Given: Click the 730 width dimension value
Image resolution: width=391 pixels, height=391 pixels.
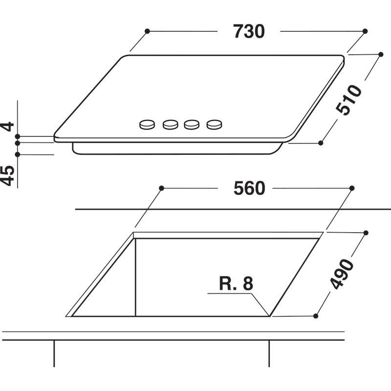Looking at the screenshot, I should [249, 31].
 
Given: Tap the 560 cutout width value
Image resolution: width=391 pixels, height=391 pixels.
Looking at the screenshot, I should [248, 188].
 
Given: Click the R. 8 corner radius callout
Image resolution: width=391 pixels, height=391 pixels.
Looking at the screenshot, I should [236, 284].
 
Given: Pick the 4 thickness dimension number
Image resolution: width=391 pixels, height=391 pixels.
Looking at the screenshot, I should [7, 127].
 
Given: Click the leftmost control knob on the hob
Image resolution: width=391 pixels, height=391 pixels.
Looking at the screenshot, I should [147, 125].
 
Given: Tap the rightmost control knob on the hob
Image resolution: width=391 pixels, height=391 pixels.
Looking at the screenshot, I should [214, 125].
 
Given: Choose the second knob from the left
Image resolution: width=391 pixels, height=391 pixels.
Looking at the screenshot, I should [170, 125].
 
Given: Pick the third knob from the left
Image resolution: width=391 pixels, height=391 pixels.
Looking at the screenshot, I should [192, 125].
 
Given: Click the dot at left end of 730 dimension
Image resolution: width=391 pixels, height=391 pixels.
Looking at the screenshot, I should [147, 31].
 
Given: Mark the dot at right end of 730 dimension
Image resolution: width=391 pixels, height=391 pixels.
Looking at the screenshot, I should [365, 31].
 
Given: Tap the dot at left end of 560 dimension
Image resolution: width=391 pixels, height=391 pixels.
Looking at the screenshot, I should [161, 188].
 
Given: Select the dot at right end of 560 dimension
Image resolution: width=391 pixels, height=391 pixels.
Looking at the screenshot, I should [352, 188].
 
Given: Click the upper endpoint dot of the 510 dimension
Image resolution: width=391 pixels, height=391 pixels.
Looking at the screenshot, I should [381, 54].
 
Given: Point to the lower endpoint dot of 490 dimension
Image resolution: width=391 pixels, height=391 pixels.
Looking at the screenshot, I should [316, 316].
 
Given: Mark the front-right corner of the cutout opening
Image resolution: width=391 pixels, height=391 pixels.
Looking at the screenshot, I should [269, 316].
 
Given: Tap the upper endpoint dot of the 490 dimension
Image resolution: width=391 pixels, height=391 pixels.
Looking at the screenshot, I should [366, 233].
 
